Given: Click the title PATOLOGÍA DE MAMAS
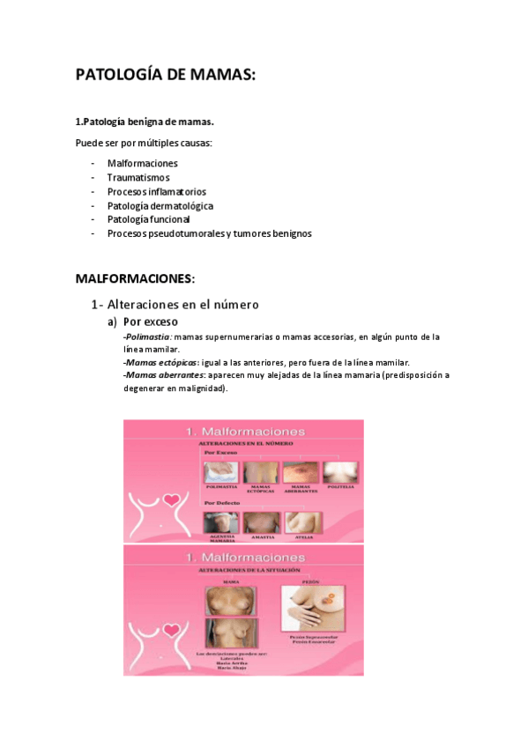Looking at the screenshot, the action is click(166, 76).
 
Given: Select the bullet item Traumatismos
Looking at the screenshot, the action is click(138, 177).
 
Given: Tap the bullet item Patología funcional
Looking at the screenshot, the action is click(148, 219).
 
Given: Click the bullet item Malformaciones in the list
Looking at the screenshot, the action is click(142, 163).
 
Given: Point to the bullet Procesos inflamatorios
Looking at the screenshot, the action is click(156, 191).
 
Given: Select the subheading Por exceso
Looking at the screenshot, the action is click(150, 322).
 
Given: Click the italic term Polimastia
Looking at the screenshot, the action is click(148, 337).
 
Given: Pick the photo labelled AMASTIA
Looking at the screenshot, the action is click(262, 522).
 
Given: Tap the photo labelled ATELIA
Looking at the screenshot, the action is click(302, 522).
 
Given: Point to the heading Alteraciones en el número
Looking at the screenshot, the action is click(175, 304).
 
